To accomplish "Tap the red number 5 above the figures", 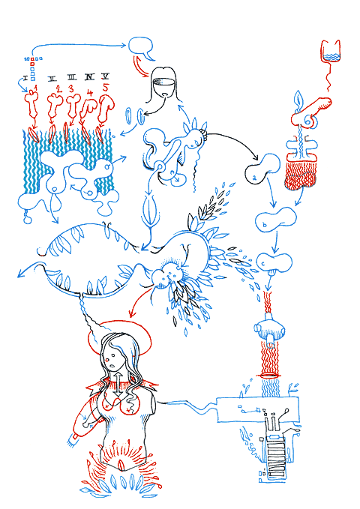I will (x=105, y=88).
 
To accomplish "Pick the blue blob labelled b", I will (x=270, y=222).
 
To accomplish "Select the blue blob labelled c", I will (x=274, y=262).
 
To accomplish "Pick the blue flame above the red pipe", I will (x=300, y=101).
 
